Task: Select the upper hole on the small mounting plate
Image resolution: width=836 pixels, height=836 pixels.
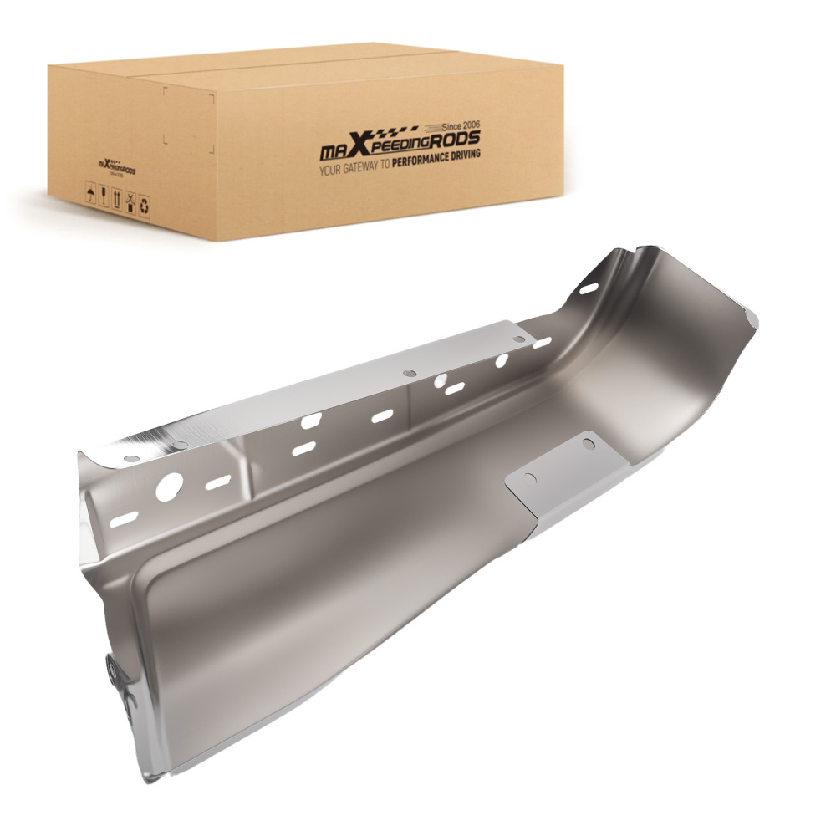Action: (589, 444)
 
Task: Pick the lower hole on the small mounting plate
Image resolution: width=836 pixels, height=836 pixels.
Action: (528, 480)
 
